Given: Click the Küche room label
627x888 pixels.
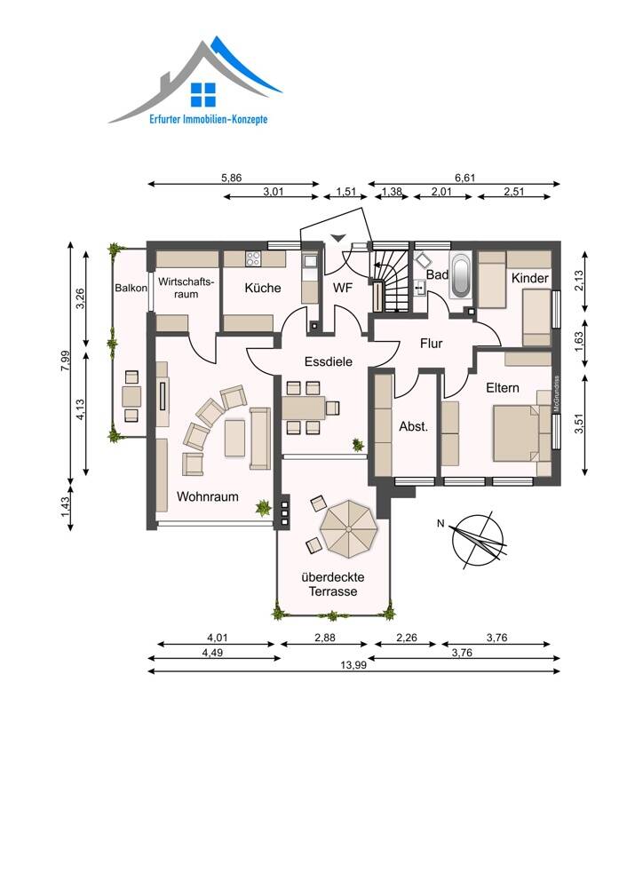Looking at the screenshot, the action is [x=263, y=288].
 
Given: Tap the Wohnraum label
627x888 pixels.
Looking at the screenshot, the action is [x=207, y=496].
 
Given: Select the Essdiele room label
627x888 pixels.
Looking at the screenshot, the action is [x=329, y=361].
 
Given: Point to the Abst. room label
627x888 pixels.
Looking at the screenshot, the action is [x=414, y=426].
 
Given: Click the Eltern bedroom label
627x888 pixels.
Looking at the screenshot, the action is [x=503, y=388].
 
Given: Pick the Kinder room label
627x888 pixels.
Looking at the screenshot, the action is [x=530, y=278].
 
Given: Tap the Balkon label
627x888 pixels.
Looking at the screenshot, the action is [x=131, y=288].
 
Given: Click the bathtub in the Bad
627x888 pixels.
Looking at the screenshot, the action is [x=460, y=276].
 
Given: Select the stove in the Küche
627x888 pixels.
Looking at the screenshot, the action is [x=252, y=258].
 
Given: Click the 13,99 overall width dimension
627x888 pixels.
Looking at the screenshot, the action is [x=353, y=665].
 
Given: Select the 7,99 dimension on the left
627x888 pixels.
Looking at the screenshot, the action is [x=65, y=361].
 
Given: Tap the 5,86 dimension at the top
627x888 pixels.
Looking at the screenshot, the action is [x=231, y=178].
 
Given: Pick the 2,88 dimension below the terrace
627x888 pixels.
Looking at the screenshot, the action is [x=324, y=638].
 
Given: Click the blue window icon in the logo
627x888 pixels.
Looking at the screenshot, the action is [x=203, y=95].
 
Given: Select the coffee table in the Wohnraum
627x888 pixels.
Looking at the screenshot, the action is [x=234, y=438].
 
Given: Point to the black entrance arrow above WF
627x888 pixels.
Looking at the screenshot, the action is [x=337, y=238].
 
